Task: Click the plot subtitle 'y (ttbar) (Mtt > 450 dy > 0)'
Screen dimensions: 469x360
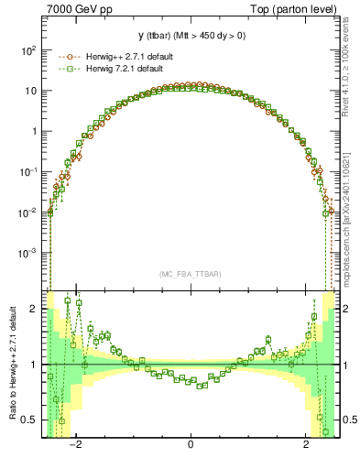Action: click(191, 37)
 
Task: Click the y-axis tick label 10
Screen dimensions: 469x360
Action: click(31, 92)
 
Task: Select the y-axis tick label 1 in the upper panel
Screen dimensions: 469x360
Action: click(34, 132)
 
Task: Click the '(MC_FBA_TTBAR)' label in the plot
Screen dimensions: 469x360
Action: click(190, 274)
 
